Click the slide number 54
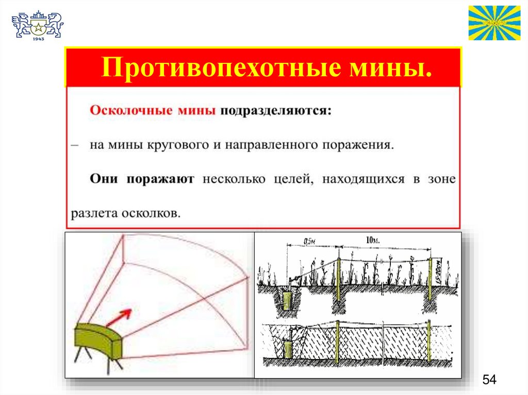489,380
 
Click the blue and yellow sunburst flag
494,23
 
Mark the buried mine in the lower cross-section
288,349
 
